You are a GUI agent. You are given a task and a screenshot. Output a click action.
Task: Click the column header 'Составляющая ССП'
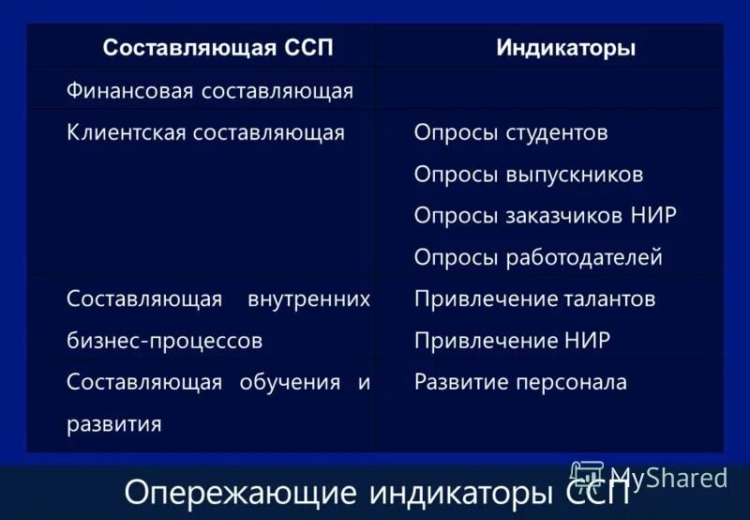click(x=217, y=48)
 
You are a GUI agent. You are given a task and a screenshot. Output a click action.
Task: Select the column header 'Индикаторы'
click(x=565, y=48)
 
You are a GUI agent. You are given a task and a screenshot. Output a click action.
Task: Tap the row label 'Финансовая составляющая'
click(x=210, y=91)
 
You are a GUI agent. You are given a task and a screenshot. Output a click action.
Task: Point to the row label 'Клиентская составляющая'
click(x=206, y=132)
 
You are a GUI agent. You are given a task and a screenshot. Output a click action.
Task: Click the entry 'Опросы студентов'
click(x=511, y=132)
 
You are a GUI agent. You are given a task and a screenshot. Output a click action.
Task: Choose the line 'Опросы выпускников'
click(x=529, y=175)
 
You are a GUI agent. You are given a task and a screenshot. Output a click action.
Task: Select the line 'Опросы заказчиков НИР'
click(x=545, y=216)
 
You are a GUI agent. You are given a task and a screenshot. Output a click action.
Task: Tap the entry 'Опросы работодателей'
click(x=538, y=257)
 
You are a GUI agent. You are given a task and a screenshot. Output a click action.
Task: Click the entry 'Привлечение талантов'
click(x=534, y=299)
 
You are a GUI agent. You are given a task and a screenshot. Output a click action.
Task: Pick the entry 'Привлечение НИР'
click(x=512, y=341)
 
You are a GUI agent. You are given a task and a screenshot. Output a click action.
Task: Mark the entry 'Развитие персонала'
click(x=520, y=382)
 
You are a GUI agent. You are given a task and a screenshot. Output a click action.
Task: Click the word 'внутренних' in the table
click(x=308, y=299)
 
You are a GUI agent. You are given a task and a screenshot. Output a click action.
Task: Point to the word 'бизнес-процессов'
click(x=165, y=341)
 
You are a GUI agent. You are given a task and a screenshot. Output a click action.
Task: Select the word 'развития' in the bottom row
click(x=114, y=424)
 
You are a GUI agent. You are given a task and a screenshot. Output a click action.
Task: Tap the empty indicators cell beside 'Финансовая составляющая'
click(x=548, y=91)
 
